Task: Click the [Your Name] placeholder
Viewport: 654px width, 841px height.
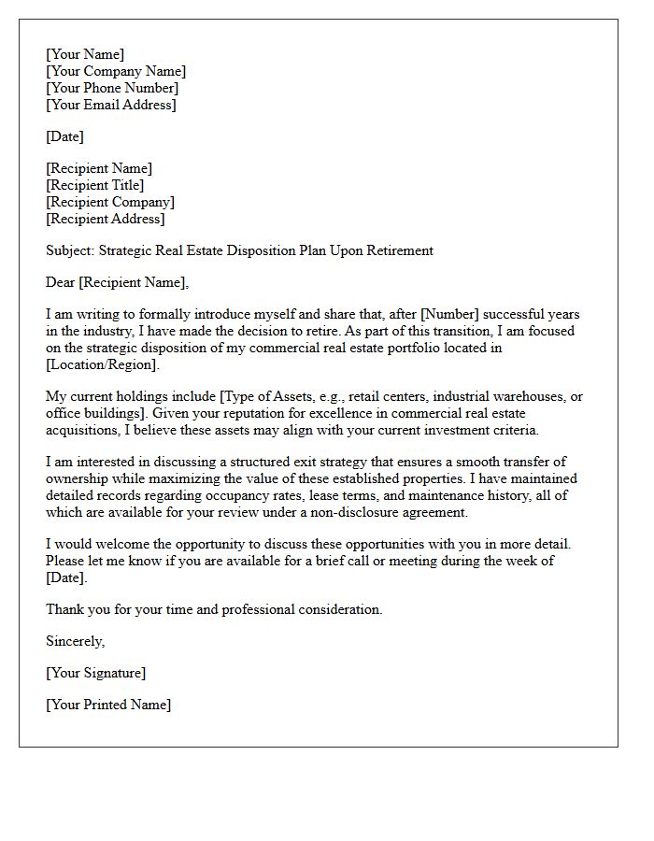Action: pyautogui.click(x=85, y=54)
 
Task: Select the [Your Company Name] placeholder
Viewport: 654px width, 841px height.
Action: pyautogui.click(x=116, y=71)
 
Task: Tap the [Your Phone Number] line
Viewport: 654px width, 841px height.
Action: pyautogui.click(x=112, y=88)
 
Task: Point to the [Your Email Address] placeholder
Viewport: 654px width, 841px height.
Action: pyautogui.click(x=110, y=105)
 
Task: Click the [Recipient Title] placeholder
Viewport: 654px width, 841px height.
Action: pyautogui.click(x=95, y=185)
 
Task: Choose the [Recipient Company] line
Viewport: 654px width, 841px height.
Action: pyautogui.click(x=110, y=202)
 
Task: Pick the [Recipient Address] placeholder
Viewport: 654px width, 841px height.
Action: pyautogui.click(x=106, y=219)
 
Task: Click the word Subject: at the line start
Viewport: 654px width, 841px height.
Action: pyautogui.click(x=70, y=250)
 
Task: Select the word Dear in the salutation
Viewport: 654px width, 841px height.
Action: pyautogui.click(x=61, y=282)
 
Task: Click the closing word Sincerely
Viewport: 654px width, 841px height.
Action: pyautogui.click(x=75, y=641)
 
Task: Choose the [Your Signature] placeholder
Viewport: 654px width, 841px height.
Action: pyautogui.click(x=95, y=673)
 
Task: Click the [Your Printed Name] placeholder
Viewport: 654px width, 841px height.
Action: pyautogui.click(x=108, y=705)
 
